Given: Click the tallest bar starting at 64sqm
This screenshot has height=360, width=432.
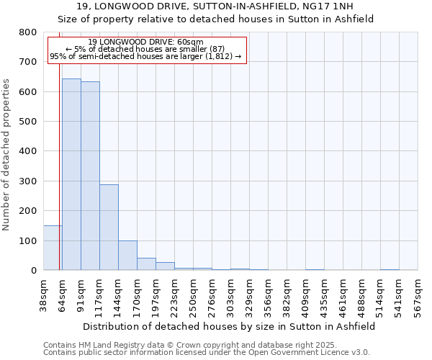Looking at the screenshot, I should tap(71, 174).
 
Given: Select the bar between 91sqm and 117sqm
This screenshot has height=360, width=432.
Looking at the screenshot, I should tap(90, 176).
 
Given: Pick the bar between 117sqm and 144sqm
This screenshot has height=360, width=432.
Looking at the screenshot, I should tap(109, 227).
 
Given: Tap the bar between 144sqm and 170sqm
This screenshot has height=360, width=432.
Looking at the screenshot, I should tap(127, 255).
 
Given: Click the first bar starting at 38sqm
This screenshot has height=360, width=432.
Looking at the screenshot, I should tap(53, 248).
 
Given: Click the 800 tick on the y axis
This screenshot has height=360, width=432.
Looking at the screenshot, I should tap(27, 32).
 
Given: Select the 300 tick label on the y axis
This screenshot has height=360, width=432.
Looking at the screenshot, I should tap(27, 181).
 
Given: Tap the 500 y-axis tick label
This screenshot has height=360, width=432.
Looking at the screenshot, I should tap(27, 122).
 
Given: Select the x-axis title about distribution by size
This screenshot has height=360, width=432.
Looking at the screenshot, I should tap(230, 327).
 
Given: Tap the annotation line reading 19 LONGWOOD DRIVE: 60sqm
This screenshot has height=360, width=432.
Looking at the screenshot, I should tap(146, 42).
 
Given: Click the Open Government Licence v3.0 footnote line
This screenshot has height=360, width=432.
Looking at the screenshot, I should tap(207, 353).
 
